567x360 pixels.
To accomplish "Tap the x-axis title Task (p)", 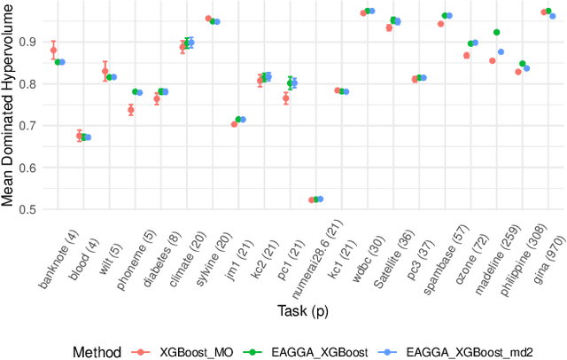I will tap(301, 309).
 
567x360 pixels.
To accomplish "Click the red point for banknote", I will tap(53, 51).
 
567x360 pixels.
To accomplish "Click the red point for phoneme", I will tap(130, 110).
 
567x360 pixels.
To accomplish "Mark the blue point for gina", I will tap(553, 16).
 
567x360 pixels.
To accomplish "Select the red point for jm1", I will tap(234, 124).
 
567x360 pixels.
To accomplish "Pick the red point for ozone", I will tap(466, 55).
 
